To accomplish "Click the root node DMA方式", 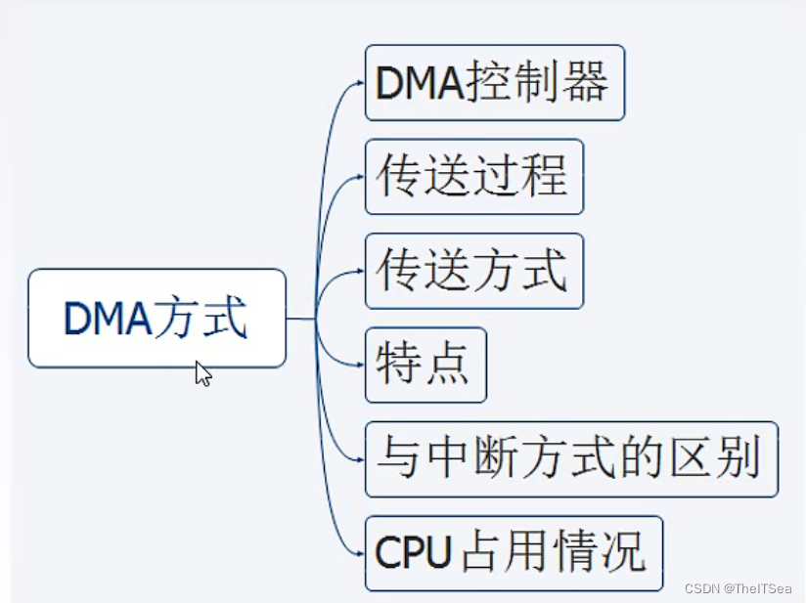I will pos(157,319).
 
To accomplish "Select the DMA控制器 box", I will pos(494,83).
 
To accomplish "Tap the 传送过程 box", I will pos(473,177).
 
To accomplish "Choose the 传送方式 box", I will pos(473,271).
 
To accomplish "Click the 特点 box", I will pos(425,365).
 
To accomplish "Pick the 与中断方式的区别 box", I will pos(571,459).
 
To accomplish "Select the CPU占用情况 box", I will pos(514,553).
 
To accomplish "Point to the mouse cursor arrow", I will pos(202,372).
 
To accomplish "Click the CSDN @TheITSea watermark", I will pos(739,588).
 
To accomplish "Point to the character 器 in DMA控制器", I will pos(585,83).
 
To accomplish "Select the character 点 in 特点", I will pos(449,365).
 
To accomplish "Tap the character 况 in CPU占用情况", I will pos(623,553).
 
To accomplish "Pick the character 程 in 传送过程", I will pos(545,177).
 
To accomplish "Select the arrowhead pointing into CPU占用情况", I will pos(359,554).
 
